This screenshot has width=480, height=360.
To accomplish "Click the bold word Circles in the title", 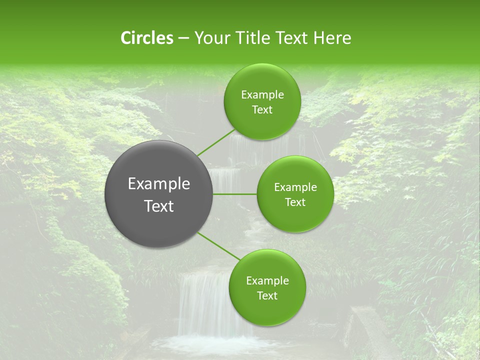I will point(146,38).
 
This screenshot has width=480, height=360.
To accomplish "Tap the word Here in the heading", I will point(332,38).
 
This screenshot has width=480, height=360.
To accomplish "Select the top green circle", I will point(262,125).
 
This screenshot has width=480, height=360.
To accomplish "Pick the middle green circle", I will point(295,217).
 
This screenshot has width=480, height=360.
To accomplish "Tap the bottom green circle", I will point(267,310).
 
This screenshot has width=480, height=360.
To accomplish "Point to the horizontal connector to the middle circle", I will point(234,194).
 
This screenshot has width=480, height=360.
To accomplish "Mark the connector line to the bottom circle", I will point(218,246).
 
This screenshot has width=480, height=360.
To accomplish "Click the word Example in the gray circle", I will point(159,184).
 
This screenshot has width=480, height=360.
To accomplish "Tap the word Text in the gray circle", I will point(159,206).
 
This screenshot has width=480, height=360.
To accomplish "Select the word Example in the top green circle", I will point(262,95).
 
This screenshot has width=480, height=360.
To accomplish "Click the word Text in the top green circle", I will point(262,110).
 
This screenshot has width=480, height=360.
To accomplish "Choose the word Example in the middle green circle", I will point(295,187).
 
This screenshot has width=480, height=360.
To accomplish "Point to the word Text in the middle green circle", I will point(295,202).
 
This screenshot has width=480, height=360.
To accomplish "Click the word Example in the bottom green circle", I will point(267,281).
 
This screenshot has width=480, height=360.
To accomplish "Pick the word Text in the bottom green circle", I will point(267,296).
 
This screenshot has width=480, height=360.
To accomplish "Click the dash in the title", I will point(183,38).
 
